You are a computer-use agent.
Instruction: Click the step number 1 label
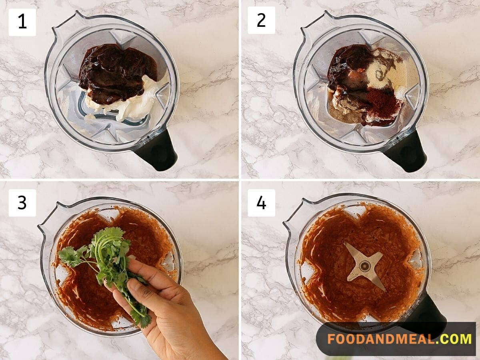tap(22, 22)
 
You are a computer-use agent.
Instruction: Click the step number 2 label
tap(261, 20)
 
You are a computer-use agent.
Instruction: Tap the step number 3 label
tap(22, 203)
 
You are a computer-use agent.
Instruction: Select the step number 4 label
tap(261, 203)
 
